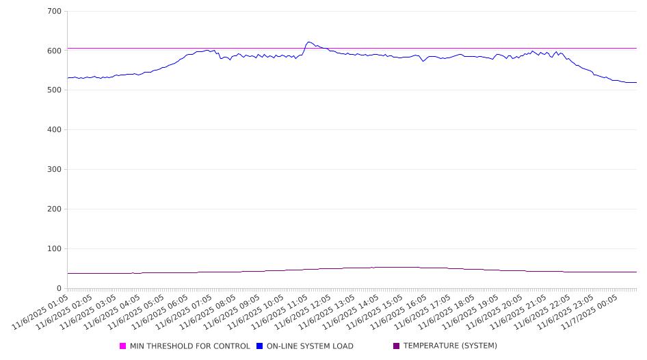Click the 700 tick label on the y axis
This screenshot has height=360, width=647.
pyautogui.click(x=55, y=11)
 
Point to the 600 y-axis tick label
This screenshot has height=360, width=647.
pyautogui.click(x=55, y=51)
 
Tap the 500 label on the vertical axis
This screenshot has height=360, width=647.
pyautogui.click(x=55, y=90)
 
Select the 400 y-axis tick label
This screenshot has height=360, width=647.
pyautogui.click(x=55, y=130)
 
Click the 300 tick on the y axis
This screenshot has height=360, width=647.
pyautogui.click(x=55, y=170)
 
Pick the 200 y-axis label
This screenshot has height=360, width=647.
pyautogui.click(x=55, y=209)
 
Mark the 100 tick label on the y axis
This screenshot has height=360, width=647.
pyautogui.click(x=55, y=249)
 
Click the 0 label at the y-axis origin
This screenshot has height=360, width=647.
pyautogui.click(x=60, y=288)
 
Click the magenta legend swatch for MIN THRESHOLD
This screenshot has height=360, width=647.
pyautogui.click(x=123, y=346)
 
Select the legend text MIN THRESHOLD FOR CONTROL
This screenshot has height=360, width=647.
pyautogui.click(x=189, y=346)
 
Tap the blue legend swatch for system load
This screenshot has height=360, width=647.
pyautogui.click(x=260, y=346)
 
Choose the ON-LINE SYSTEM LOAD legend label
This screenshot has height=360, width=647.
pyautogui.click(x=310, y=346)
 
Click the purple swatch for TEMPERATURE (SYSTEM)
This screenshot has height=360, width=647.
pyautogui.click(x=397, y=346)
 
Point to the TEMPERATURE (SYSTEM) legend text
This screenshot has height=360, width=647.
pyautogui.click(x=450, y=346)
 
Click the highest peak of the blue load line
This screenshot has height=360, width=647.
pyautogui.click(x=309, y=42)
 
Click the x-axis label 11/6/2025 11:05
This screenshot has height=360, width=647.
pyautogui.click(x=293, y=311)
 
